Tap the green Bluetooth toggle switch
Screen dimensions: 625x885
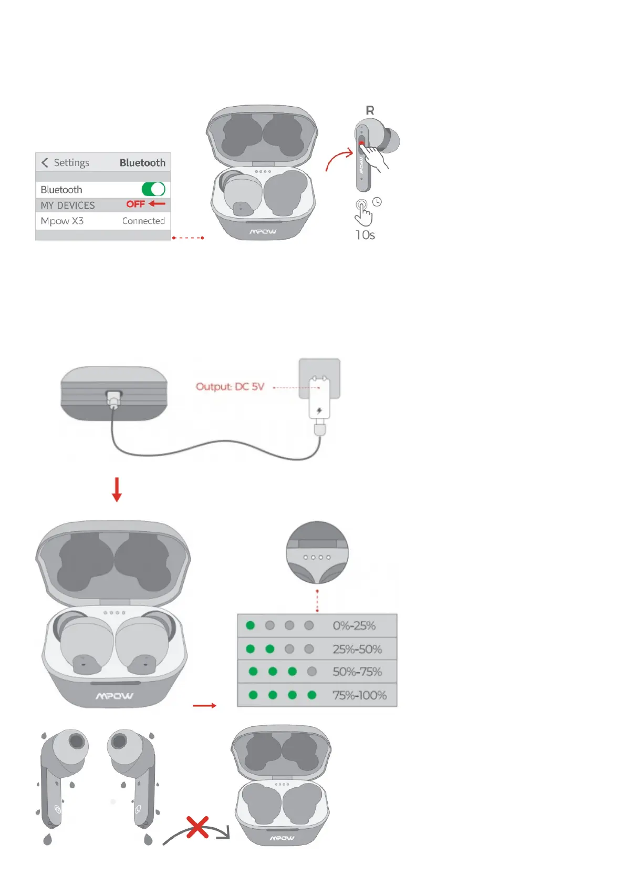tap(153, 189)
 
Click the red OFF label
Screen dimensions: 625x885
tap(136, 204)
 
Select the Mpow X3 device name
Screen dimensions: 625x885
tap(62, 221)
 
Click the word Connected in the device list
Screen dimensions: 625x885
tap(143, 221)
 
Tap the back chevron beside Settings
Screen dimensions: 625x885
tap(45, 163)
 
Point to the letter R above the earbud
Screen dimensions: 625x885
tap(370, 110)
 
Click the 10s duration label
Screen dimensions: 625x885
tap(365, 235)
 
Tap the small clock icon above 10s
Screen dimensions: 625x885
tap(377, 202)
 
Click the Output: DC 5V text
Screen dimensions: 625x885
tap(230, 387)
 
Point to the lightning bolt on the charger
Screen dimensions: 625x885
tap(319, 410)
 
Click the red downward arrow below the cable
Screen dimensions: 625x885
tap(117, 489)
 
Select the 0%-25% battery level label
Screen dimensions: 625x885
tap(354, 625)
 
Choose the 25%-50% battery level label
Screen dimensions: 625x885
tap(357, 649)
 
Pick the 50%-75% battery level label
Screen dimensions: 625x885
tap(357, 672)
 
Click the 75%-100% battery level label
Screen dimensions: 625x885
tap(359, 695)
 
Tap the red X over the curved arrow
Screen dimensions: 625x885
tap(197, 827)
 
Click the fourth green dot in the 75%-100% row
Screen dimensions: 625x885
tap(312, 695)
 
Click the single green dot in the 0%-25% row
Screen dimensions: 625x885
tap(251, 625)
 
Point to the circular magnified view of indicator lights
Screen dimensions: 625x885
tap(317, 552)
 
